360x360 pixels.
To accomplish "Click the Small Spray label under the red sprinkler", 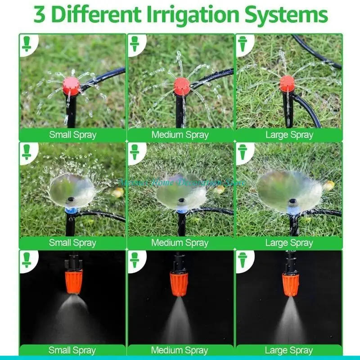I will point(72,135).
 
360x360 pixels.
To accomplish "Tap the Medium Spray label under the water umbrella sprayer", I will point(180,243).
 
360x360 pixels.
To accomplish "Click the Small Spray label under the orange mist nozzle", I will point(72,350).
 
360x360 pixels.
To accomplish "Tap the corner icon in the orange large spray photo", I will point(243,260).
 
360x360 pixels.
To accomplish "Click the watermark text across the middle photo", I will point(182,183).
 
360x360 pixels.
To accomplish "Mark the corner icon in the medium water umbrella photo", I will point(135,152).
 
